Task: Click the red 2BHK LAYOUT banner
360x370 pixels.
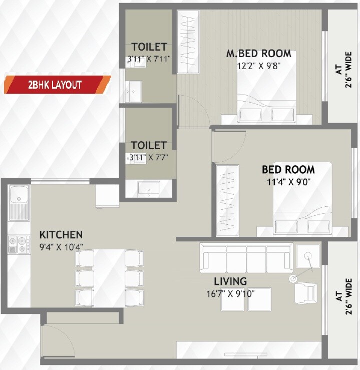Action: coord(57,84)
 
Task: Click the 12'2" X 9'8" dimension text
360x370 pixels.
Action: coord(258,65)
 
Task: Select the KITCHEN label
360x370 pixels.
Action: coord(61,234)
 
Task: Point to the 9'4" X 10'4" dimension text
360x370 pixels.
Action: coord(61,246)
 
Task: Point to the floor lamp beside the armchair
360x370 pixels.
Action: coord(293,278)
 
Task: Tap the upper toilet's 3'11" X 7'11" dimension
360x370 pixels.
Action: coord(149,59)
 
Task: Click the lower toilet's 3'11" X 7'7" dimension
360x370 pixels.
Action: coord(149,156)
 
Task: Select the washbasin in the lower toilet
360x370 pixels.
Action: coord(149,188)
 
